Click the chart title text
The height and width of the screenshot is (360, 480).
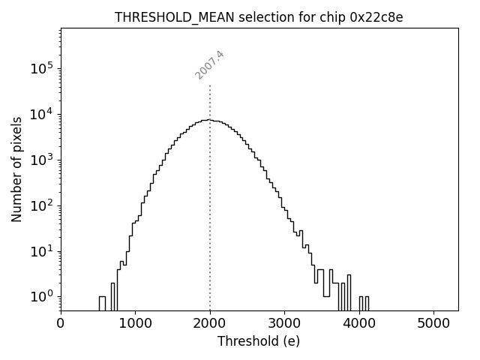click(x=259, y=17)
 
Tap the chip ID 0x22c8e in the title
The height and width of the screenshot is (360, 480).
click(x=376, y=17)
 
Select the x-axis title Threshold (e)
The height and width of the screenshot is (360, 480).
click(x=259, y=341)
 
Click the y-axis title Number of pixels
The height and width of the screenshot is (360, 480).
click(x=16, y=169)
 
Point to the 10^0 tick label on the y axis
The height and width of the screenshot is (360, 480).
click(x=43, y=296)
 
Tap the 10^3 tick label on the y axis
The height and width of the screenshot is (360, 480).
click(x=43, y=160)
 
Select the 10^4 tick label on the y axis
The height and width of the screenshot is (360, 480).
click(x=43, y=114)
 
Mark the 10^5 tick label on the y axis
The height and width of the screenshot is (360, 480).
click(x=43, y=68)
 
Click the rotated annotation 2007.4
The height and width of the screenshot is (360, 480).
click(x=210, y=65)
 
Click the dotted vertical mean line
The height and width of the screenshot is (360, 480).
click(x=210, y=225)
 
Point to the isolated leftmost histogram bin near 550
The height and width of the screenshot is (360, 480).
click(x=102, y=302)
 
